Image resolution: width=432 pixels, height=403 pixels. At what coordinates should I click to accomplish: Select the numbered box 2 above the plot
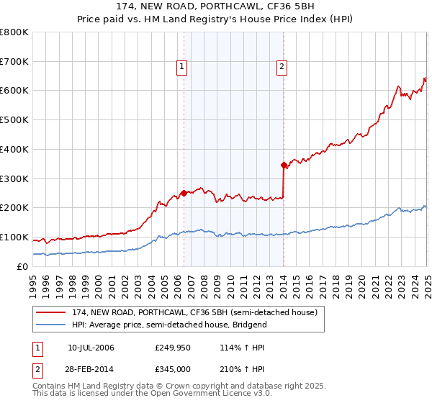281,68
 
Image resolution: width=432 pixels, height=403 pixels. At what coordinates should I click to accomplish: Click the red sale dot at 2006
184,193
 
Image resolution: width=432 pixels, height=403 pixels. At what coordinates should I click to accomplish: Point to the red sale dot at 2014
284,165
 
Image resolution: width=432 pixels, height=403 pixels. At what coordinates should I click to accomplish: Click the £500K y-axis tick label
14,120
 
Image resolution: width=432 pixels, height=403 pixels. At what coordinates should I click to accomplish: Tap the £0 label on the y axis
22,267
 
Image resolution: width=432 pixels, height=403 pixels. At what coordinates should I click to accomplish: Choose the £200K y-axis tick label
14,208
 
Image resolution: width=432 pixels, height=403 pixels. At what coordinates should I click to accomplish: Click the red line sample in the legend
49,312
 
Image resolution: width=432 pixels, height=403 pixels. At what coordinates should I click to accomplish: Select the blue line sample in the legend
49,325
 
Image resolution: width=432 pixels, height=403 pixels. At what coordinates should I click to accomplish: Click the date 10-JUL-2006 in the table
91,348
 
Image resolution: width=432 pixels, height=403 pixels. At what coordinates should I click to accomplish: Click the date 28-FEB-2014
91,368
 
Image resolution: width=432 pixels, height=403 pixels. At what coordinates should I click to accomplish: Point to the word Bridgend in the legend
249,325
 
